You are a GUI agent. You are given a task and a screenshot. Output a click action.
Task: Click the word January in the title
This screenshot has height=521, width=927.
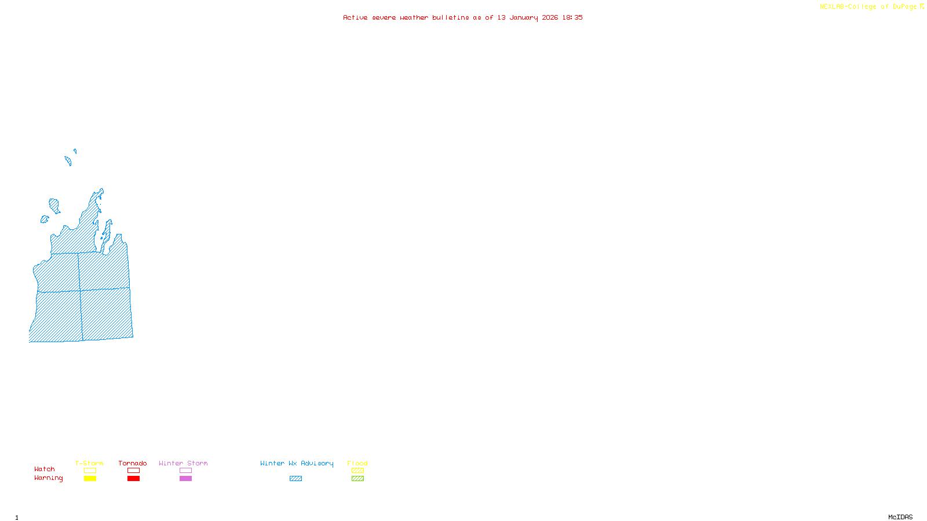(523, 17)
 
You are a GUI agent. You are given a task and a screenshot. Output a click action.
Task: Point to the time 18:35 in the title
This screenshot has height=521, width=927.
(572, 17)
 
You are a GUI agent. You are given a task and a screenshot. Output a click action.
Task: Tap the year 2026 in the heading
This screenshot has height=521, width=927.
(550, 17)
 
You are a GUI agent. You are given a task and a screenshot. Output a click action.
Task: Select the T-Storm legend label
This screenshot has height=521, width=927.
(89, 463)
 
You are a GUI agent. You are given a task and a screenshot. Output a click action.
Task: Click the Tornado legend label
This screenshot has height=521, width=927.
(133, 463)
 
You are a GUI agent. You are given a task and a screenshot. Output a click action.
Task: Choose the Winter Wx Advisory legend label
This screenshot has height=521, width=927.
(297, 463)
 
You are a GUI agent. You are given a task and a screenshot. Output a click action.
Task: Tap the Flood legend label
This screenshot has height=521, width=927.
(357, 463)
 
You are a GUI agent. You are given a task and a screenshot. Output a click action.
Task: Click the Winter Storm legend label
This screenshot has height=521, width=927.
(183, 463)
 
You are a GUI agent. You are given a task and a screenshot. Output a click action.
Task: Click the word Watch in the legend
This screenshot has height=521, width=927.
(45, 469)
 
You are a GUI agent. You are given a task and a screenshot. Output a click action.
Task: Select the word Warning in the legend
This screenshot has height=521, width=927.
(48, 478)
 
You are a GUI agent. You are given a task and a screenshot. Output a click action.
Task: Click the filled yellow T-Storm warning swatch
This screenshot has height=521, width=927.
(90, 479)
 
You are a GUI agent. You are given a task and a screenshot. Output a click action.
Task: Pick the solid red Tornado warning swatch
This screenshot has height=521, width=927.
(133, 479)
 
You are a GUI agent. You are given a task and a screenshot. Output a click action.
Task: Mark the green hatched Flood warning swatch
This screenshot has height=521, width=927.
(357, 479)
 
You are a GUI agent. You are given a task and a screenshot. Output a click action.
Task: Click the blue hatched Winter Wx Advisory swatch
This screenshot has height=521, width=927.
(295, 479)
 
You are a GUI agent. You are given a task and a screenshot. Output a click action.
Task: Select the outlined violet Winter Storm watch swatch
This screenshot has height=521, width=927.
(185, 471)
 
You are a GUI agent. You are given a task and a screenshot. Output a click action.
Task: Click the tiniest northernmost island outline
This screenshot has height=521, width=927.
(75, 151)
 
